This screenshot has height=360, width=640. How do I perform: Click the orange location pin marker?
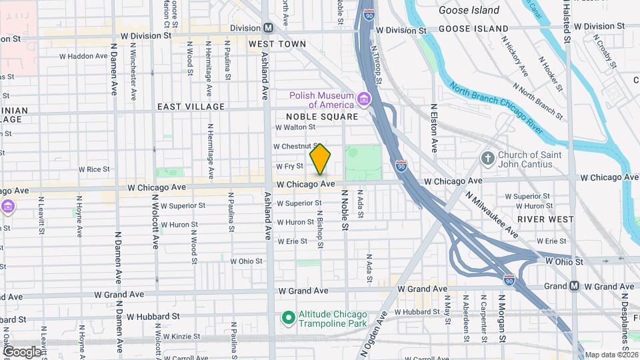pos(321,160)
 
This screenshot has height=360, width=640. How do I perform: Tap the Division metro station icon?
pos(268,28)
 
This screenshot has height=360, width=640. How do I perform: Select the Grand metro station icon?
pos(574,286)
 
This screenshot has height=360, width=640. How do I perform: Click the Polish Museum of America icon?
pos(364,100)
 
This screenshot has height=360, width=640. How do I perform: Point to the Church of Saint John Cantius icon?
pos(488,159)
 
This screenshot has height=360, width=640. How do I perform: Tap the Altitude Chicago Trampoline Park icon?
pos(288,318)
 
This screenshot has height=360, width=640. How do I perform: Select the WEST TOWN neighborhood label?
pos(277,44)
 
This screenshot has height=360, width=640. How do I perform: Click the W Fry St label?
pos(289,166)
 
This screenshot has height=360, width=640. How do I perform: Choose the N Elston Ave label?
pos(434,127)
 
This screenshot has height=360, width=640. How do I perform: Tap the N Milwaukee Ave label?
pos(492,215)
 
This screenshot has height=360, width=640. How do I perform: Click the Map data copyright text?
pos(610,354)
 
